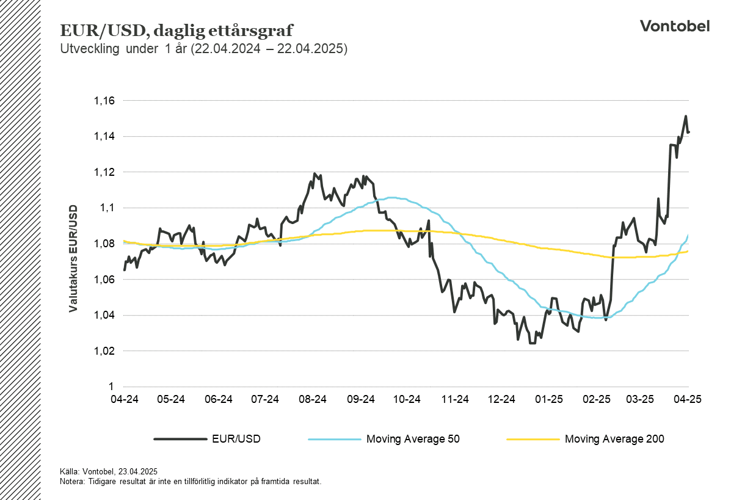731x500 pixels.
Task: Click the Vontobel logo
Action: pos(674,26)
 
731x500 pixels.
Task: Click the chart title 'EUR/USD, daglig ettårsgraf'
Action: pos(176,31)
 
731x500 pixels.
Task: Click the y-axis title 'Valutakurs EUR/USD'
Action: pos(73,258)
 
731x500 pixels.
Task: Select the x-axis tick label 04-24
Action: pos(124,399)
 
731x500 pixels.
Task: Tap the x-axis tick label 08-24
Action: pos(312,399)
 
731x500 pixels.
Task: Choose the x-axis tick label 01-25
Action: pos(548,399)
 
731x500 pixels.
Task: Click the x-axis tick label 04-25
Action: pos(687,399)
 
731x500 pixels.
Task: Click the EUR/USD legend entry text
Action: pos(236,438)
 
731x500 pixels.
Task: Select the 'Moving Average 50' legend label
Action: pos(413,438)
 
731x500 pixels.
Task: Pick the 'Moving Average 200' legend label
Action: pos(614,438)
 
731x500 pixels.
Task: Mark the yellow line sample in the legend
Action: pos(533,438)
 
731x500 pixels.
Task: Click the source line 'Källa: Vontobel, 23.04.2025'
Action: pos(109,471)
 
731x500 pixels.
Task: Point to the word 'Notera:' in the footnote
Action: pos(73,481)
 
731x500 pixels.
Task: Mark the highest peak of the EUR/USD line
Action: pos(686,116)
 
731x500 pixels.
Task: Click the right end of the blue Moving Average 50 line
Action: pos(688,235)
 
